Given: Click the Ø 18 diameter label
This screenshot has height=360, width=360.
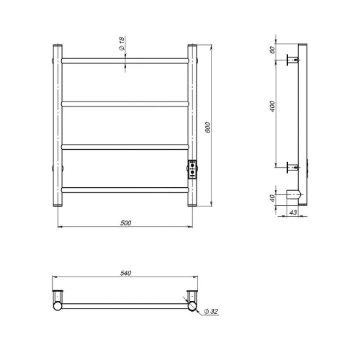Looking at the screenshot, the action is point(122,43).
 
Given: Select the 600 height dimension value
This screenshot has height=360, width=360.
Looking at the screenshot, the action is point(208,127).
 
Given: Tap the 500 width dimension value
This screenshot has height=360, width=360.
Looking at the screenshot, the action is point(125,223).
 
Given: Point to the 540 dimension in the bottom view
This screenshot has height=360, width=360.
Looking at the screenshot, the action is point(125,273).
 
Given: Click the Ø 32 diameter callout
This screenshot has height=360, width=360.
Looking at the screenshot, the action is point(211,312).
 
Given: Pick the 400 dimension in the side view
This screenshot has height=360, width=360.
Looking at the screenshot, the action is point(273,106).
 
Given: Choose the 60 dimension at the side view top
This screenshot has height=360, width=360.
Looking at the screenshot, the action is point(272,50).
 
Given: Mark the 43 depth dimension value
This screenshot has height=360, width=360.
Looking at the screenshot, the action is point(293,212).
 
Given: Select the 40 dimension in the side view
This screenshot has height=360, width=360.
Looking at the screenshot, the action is point(272,198).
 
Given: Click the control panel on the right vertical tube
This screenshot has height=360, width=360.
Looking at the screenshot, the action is point(192,169).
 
